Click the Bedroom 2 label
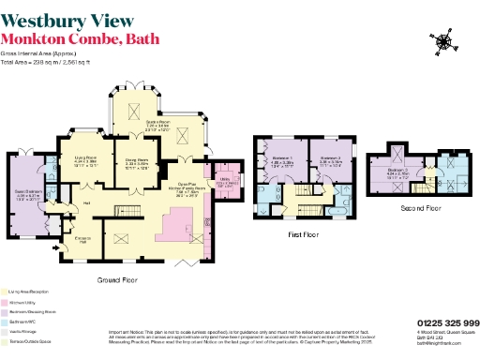(330, 159)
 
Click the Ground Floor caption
(120, 279)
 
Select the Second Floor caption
(420, 206)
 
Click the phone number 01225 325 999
(444, 322)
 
